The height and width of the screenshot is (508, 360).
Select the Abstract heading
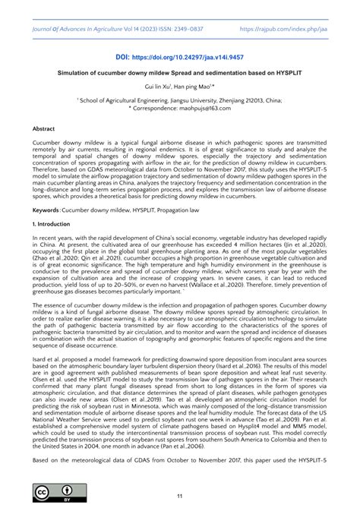(x=43, y=130)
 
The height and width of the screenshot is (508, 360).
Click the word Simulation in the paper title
(x=77, y=74)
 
